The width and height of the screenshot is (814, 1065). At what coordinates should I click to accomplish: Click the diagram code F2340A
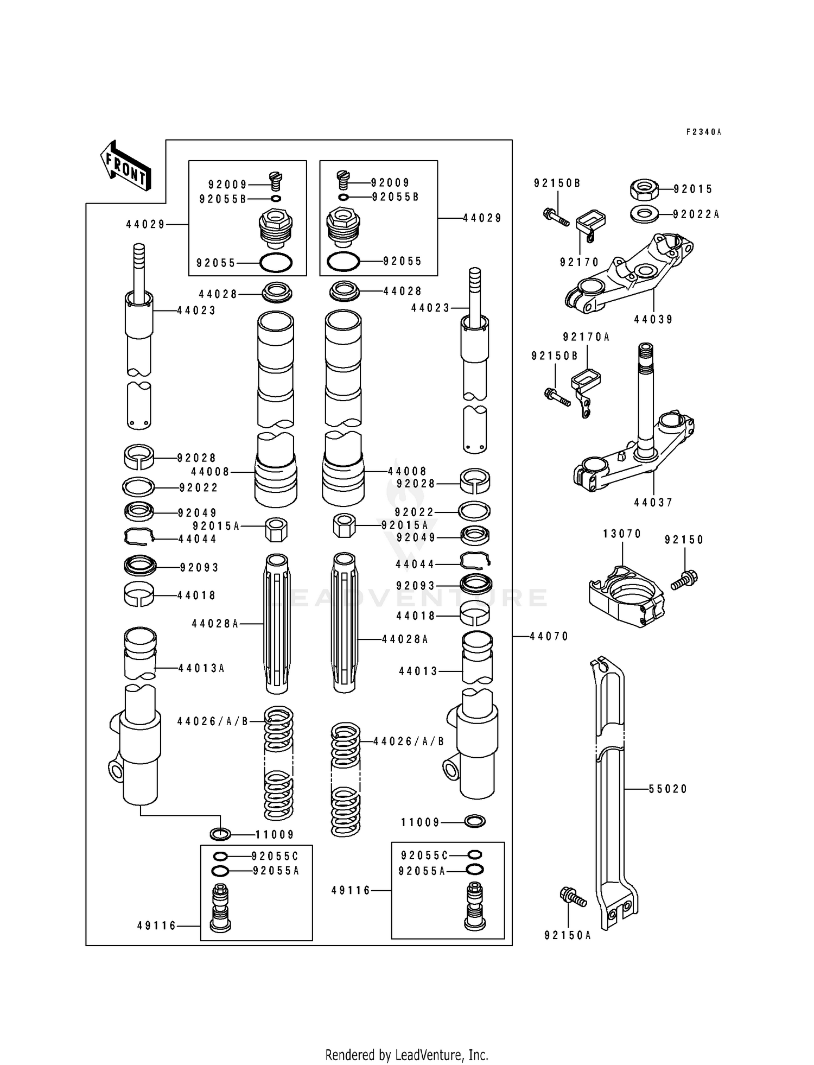703,132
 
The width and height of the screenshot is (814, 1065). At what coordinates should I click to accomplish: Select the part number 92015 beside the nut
693,189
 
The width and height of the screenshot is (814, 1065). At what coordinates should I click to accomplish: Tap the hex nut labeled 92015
644,189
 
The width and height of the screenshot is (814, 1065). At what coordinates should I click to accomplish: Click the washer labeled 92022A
645,214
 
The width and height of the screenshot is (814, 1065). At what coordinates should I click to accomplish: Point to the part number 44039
653,320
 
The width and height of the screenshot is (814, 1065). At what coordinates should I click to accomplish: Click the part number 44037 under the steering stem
653,503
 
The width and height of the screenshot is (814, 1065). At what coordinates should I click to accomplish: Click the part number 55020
668,789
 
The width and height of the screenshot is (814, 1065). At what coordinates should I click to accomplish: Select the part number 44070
549,636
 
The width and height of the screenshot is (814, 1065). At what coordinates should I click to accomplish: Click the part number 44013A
201,668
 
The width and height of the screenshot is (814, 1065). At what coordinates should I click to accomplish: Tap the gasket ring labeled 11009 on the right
475,822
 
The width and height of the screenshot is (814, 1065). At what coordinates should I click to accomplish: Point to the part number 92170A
586,337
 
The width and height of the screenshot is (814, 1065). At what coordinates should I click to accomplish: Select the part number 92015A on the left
216,526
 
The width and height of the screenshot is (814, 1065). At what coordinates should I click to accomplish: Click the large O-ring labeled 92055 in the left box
276,263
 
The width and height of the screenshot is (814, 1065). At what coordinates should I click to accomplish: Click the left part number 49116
157,926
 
